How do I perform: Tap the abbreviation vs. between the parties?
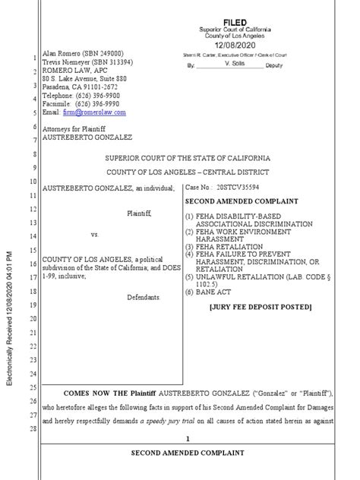point(96,235)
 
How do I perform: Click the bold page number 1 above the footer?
point(186,438)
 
